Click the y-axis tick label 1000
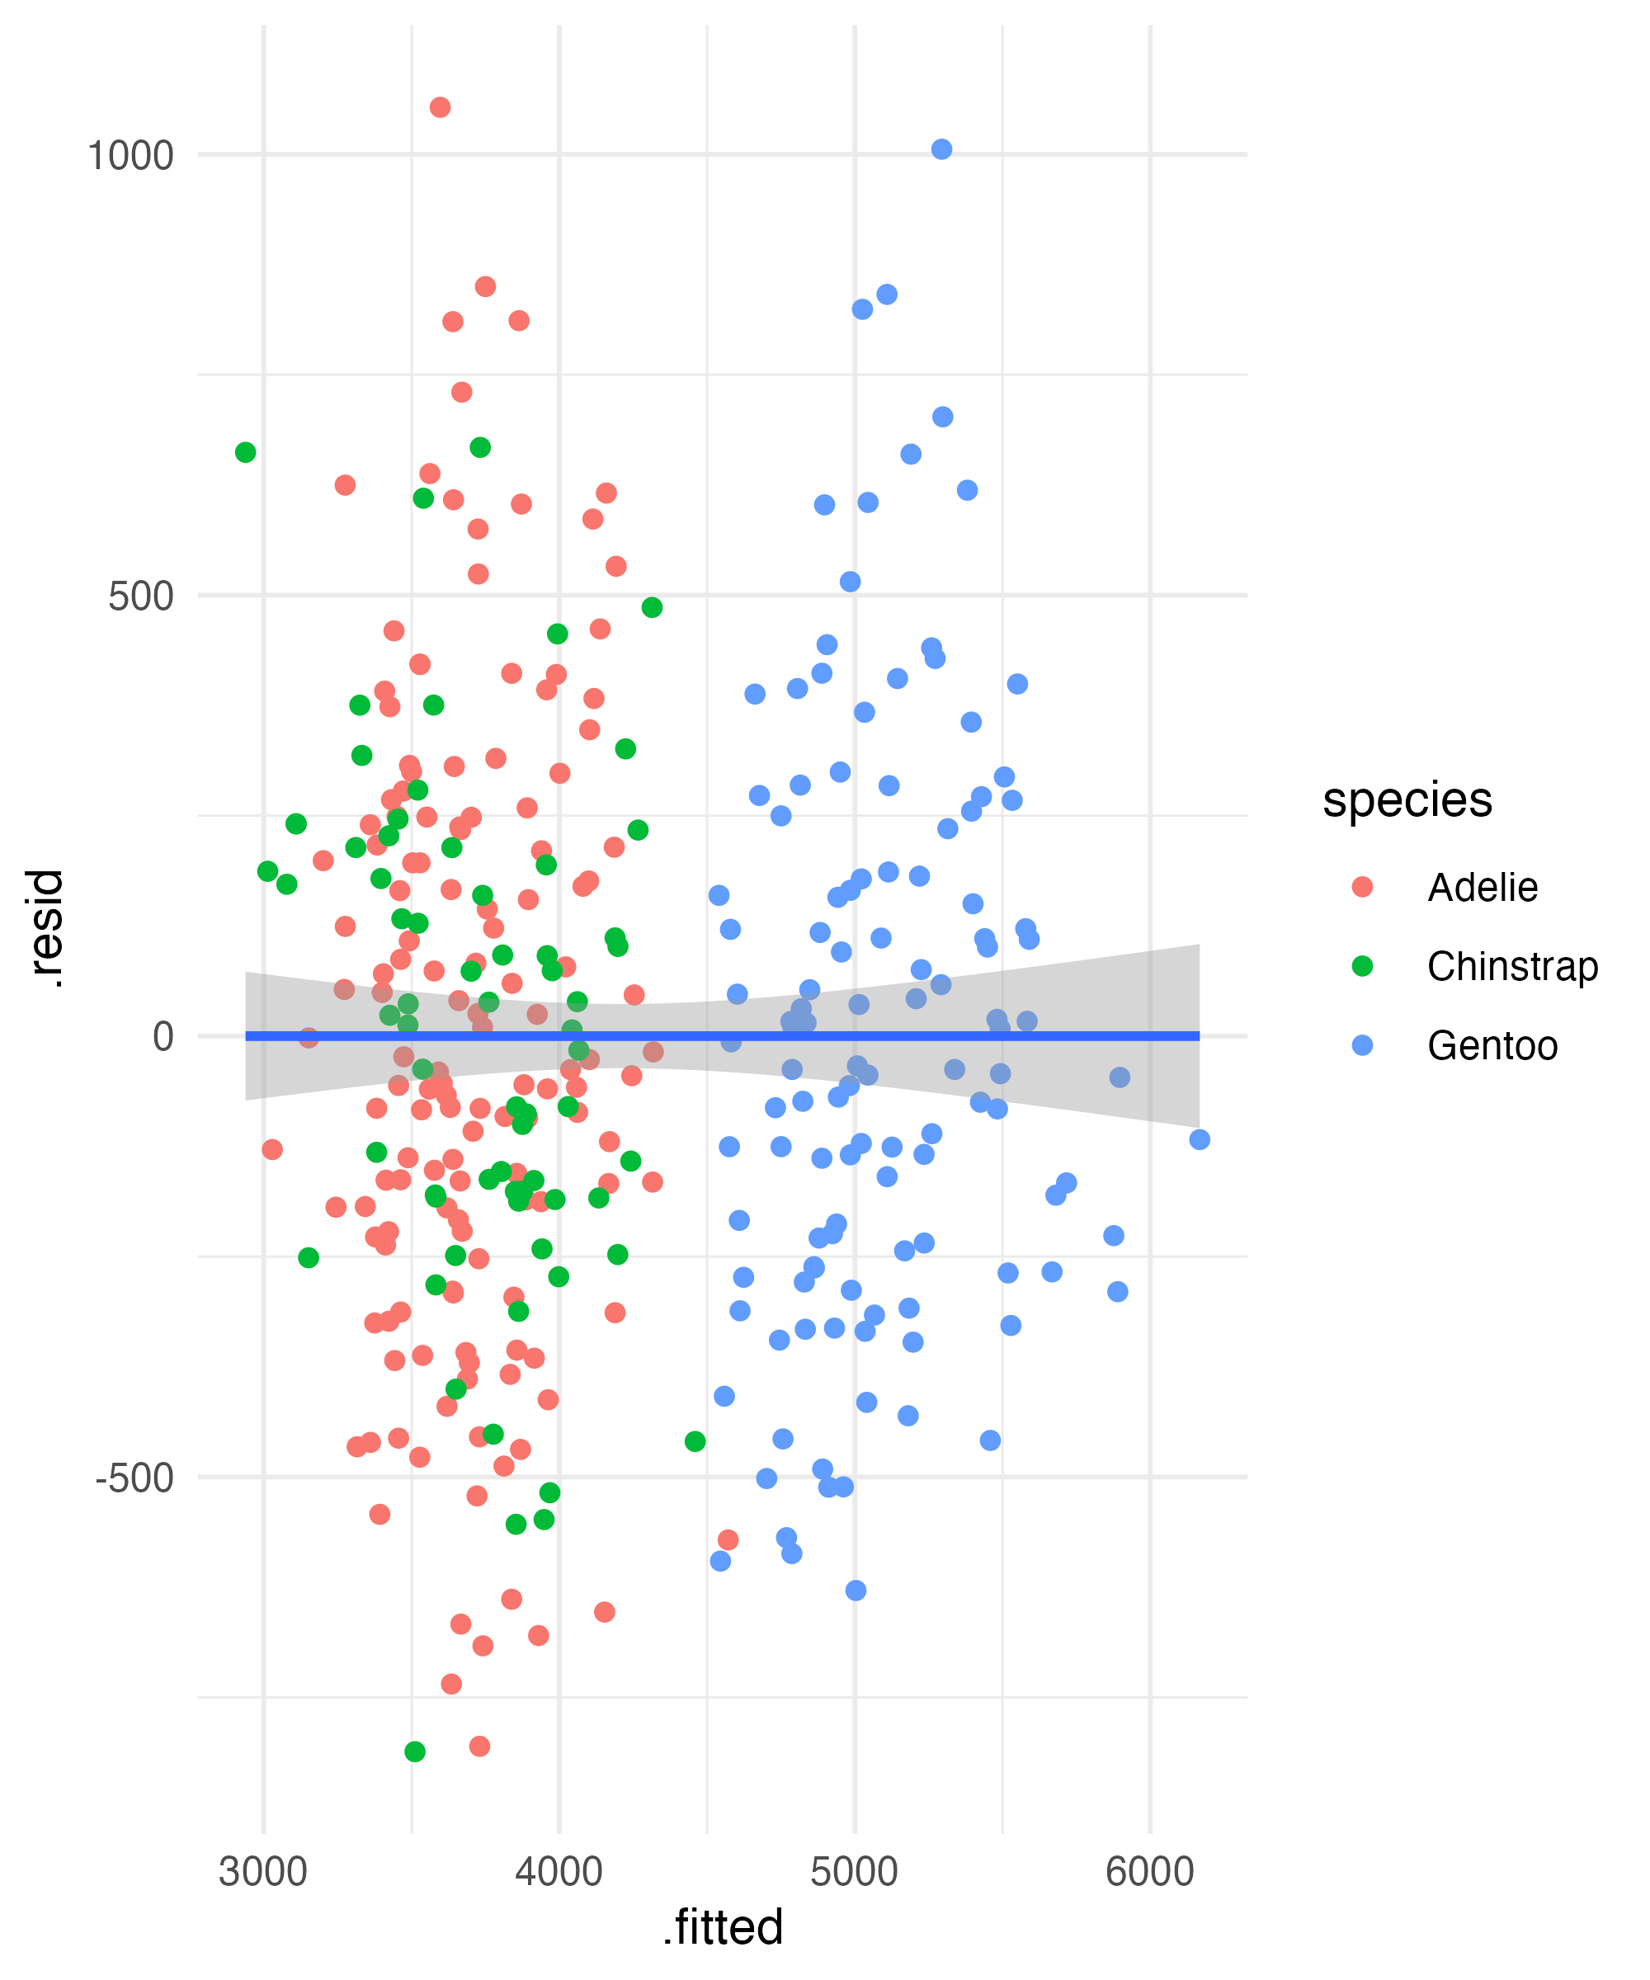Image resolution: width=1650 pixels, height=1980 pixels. [130, 156]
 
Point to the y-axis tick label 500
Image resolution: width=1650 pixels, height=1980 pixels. [140, 596]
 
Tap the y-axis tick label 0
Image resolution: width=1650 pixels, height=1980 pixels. [163, 1036]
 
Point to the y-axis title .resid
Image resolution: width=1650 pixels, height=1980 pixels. [45, 929]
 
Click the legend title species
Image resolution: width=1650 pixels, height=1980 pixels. [1407, 800]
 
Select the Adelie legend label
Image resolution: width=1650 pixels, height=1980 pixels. [1483, 887]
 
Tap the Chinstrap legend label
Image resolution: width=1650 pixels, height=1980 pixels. [1512, 966]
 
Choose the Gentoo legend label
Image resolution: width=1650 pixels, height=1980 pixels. [1492, 1045]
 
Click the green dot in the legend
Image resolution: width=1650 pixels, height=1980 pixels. [1361, 965]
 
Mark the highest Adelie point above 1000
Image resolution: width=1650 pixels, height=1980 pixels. [440, 107]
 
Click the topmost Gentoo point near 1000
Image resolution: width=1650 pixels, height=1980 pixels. [941, 149]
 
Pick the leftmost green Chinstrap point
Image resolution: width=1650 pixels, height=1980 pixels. [245, 453]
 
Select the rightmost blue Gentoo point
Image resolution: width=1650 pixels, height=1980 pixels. [1200, 1140]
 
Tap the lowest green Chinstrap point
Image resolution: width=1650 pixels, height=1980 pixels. [415, 1751]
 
